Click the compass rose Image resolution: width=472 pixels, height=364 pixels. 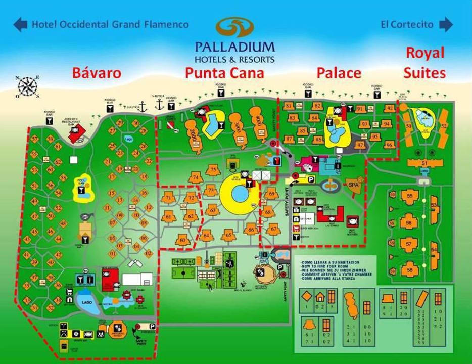point(27,86)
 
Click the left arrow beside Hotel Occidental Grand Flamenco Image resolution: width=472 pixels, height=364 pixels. point(20,24)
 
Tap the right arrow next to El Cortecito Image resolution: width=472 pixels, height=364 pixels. point(446,24)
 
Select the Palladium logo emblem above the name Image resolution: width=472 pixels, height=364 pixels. point(235,28)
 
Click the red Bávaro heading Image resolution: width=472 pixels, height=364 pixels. point(97,73)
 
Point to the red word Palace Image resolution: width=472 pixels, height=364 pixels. point(339,73)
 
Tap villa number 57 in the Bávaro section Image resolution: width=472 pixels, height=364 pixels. point(35,139)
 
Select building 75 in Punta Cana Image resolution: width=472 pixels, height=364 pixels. point(213,170)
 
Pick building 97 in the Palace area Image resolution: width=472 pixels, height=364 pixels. point(360,145)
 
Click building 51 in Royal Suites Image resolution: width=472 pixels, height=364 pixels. point(424,163)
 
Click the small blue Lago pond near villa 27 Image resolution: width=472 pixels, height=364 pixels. point(128,138)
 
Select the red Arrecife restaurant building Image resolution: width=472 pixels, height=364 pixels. point(77,133)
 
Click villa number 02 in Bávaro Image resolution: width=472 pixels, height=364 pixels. point(148,253)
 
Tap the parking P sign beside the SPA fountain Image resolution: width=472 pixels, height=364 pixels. point(312,179)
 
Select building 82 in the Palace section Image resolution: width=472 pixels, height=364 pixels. point(317,106)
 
